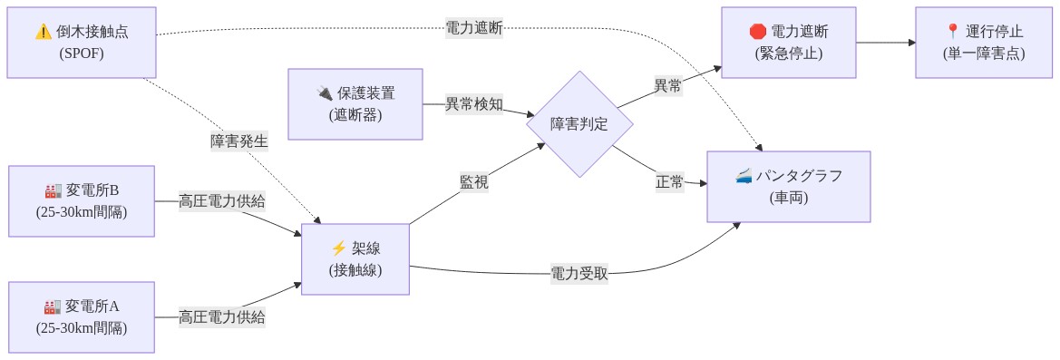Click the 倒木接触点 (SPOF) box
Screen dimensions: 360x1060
pos(82,43)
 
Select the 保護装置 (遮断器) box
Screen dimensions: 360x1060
pos(355,104)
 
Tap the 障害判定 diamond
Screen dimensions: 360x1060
pos(579,124)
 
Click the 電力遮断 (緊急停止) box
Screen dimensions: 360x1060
pos(789,43)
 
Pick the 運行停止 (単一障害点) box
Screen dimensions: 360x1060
pos(983,43)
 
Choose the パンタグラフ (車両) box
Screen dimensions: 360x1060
pos(789,187)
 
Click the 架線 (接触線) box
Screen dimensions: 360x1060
pos(355,258)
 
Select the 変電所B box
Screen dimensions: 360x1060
pos(82,201)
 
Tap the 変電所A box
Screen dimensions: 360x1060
pos(82,317)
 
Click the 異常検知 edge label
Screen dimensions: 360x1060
pos(473,104)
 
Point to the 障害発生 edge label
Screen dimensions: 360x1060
pos(239,141)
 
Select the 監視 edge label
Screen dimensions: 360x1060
pos(473,182)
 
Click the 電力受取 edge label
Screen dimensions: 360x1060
pos(579,274)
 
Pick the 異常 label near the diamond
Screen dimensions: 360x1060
pos(668,86)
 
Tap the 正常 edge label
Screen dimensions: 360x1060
pos(669,182)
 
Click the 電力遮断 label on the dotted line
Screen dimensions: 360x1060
pos(473,28)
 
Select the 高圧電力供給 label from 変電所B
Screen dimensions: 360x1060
pos(222,201)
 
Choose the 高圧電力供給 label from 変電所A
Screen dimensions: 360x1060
pos(222,317)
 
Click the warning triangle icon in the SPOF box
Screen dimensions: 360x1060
pos(43,32)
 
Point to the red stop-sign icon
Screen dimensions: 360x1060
pos(758,32)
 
